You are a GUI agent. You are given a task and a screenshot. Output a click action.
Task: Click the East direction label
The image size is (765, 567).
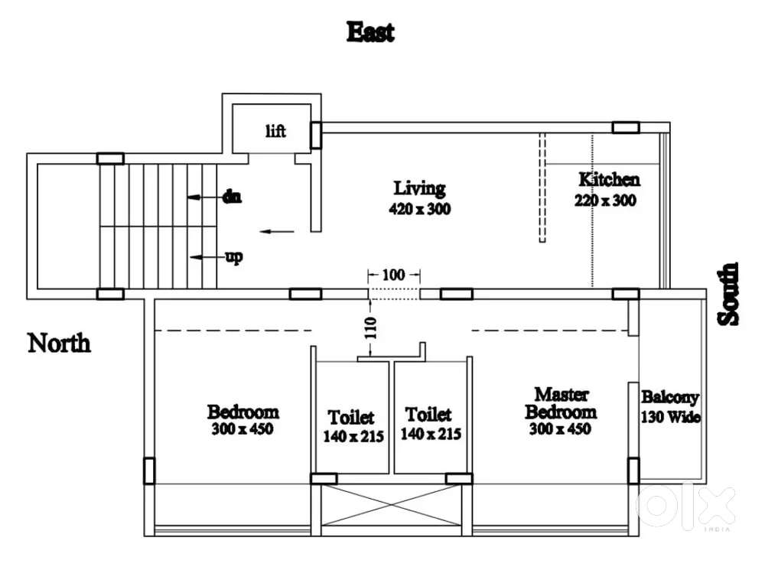tap(370, 32)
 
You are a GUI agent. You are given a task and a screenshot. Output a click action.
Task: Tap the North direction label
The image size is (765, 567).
tap(59, 343)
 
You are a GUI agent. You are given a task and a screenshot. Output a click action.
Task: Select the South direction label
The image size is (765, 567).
tap(729, 294)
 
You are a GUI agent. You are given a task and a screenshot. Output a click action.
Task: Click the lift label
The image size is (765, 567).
tap(275, 132)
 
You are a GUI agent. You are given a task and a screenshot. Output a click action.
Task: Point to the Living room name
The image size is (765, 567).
tap(419, 187)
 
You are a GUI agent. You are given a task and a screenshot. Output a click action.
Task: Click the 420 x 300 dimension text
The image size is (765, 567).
tap(419, 207)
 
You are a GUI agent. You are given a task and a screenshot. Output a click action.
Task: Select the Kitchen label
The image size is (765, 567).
tap(609, 180)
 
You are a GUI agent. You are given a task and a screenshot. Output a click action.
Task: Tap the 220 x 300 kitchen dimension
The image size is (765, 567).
tap(605, 200)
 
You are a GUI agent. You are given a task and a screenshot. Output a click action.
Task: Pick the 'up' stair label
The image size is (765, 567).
tap(234, 256)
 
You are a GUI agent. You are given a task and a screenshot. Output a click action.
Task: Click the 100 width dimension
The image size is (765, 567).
tap(393, 274)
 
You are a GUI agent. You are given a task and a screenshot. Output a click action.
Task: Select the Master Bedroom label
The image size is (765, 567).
tap(561, 402)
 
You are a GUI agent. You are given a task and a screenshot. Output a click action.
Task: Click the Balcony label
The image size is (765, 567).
tap(669, 397)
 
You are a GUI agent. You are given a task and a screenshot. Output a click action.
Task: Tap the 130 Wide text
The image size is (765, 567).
tap(670, 417)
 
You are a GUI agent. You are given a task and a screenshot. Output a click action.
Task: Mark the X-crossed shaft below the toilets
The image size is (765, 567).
tap(392, 504)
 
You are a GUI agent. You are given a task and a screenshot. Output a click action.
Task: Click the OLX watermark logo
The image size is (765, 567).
tap(685, 506)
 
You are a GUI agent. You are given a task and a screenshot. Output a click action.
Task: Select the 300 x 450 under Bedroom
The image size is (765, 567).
tap(243, 429)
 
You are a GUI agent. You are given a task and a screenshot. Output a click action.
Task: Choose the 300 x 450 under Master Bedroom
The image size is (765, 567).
tap(560, 429)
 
